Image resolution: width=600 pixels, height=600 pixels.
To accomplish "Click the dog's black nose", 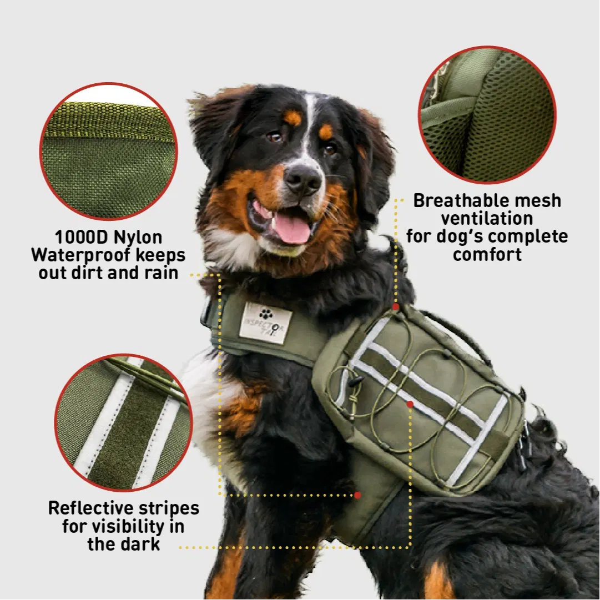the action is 303,179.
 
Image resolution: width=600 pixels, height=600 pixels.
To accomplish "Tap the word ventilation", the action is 487,219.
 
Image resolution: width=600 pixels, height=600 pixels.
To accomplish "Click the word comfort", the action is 487,254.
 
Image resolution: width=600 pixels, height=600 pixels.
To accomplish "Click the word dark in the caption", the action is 142,544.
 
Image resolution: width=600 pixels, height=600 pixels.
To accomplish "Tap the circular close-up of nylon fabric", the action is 109,151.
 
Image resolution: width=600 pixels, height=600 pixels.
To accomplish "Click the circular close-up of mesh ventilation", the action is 487,115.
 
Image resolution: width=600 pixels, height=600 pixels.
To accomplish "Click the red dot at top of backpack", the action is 396,307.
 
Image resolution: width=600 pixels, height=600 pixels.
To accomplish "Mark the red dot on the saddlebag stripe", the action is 410,404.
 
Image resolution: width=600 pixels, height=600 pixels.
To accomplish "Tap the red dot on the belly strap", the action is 357,495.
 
